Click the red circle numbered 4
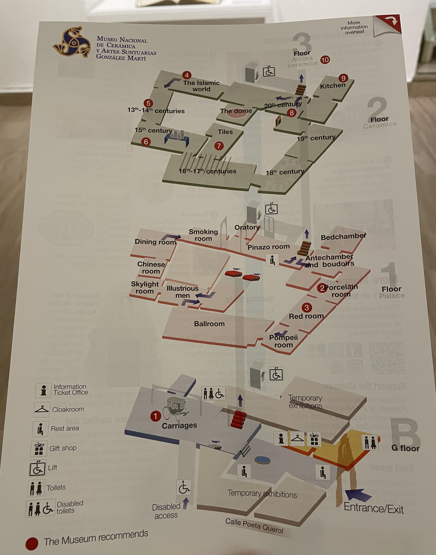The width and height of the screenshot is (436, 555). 187,75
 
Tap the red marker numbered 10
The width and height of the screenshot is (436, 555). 325,60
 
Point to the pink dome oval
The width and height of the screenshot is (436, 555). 236,114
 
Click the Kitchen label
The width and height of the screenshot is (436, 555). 332,86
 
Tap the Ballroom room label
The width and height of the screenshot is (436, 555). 209,324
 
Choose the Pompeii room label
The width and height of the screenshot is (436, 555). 283,341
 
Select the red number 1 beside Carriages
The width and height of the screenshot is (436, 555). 155,416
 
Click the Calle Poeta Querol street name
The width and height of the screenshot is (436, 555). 254,526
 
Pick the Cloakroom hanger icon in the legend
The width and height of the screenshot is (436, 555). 42,409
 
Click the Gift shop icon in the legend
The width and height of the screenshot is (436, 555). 39,449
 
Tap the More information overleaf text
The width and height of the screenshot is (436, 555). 354,27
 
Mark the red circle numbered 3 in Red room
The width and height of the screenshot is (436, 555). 307,308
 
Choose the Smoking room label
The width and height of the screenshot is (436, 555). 203,235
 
